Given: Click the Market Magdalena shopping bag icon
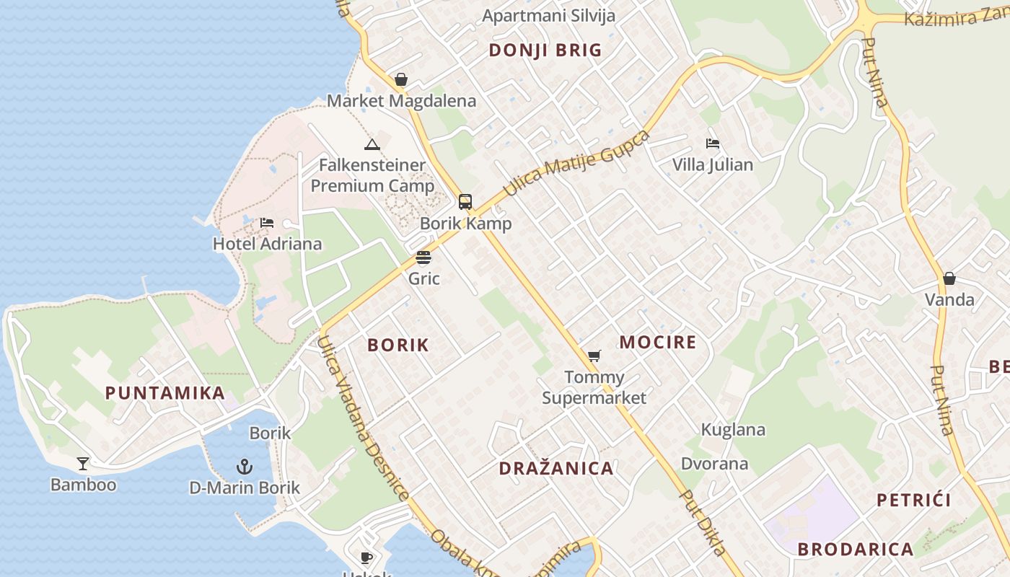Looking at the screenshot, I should [x=401, y=79].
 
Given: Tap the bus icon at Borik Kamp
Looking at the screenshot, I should [x=465, y=202].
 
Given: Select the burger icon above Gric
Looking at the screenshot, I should [x=423, y=257].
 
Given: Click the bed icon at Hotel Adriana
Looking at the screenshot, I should [x=267, y=222].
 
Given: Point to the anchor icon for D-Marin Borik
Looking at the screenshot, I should [x=245, y=467].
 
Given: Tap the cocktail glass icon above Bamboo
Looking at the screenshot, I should [x=83, y=463].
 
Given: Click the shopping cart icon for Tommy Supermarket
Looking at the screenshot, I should [x=594, y=356].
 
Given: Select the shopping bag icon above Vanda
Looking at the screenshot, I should [x=949, y=278].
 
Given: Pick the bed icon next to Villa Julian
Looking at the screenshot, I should [x=713, y=144].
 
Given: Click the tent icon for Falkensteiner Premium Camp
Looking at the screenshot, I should [x=372, y=144].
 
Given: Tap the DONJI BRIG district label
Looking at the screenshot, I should [x=545, y=50].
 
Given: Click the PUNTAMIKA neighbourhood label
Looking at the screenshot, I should [x=165, y=393].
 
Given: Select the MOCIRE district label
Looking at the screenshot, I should [x=658, y=342].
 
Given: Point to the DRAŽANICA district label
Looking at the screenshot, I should [x=556, y=468].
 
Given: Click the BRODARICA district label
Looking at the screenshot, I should [x=856, y=549].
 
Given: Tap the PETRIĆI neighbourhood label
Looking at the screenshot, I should [x=914, y=500].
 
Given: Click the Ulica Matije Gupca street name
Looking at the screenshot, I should [x=576, y=164].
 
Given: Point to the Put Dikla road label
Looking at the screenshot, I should [x=703, y=523].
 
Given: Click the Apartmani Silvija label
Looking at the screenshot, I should [x=548, y=16].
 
